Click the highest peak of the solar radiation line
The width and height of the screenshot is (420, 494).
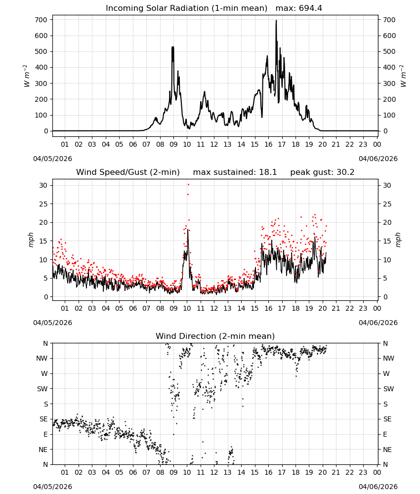click(x=276, y=21)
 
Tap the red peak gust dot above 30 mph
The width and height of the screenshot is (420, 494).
click(x=188, y=184)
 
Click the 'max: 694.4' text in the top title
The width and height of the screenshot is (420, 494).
click(x=299, y=8)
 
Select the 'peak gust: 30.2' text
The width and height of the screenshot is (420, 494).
click(x=322, y=172)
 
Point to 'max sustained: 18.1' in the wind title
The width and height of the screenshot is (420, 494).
click(x=235, y=172)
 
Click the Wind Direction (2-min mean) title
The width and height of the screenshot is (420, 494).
click(x=215, y=336)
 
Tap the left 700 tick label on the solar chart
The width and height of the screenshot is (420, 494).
click(x=42, y=20)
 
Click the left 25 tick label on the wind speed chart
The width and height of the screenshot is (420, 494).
click(x=43, y=204)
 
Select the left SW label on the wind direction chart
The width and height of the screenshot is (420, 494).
click(x=42, y=389)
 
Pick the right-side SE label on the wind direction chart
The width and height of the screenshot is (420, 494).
click(x=387, y=419)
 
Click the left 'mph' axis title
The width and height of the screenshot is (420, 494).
click(x=31, y=240)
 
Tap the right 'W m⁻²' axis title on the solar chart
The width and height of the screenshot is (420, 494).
click(x=404, y=76)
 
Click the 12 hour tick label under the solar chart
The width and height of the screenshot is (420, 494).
click(x=214, y=144)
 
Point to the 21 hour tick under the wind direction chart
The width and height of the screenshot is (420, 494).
click(x=336, y=472)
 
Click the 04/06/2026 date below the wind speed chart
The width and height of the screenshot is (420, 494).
click(x=378, y=323)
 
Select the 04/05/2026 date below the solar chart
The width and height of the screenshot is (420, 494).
click(x=52, y=159)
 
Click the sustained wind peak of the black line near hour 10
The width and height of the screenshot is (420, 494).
click(x=188, y=230)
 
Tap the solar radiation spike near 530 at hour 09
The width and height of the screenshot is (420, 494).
click(x=172, y=47)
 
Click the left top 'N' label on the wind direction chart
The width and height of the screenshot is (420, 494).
click(x=45, y=343)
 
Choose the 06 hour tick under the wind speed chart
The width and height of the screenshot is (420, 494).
click(x=133, y=308)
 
